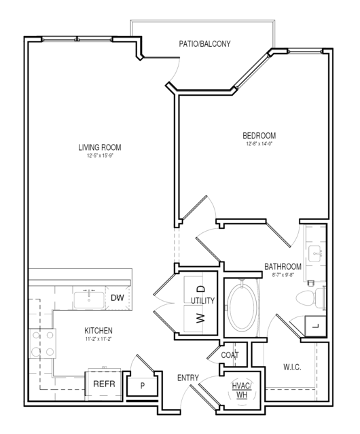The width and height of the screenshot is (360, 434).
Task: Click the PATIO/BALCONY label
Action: point(204,44)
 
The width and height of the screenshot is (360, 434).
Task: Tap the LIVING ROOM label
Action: point(100,147)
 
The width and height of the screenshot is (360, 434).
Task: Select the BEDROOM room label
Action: point(259,136)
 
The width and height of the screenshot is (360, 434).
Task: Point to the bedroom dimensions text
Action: point(259,144)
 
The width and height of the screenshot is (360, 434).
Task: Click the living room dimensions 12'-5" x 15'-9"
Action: point(100,156)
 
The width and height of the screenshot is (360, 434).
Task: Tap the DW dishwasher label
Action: point(118,297)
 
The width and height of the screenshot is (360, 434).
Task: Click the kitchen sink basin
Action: point(89,300)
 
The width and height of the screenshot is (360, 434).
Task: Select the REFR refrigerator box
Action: point(104,385)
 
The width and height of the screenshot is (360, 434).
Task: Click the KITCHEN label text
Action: point(98,331)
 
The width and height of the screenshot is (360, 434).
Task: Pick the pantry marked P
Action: point(142,385)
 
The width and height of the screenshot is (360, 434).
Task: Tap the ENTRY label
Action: point(188,378)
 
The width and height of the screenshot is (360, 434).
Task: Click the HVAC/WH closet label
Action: point(242,391)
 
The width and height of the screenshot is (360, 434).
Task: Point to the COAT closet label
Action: point(230,355)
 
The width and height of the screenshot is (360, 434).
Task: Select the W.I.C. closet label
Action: point(292,367)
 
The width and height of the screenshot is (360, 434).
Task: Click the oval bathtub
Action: point(240,308)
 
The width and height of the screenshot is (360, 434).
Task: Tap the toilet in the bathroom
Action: point(310,298)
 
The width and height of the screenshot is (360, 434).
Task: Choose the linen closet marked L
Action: point(315,326)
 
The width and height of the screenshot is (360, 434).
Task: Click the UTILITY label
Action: point(203,301)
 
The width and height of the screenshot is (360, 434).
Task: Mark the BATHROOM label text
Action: point(283,267)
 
